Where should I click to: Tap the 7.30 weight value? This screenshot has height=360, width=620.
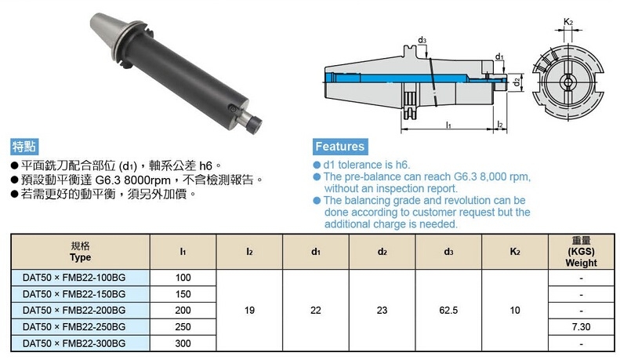pyautogui.click(x=581, y=327)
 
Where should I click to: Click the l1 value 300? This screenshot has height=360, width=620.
pyautogui.click(x=183, y=344)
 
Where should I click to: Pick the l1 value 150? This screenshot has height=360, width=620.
pyautogui.click(x=183, y=294)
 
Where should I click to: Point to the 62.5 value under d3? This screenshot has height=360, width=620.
pyautogui.click(x=448, y=311)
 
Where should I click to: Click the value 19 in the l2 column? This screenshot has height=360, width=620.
pyautogui.click(x=249, y=311)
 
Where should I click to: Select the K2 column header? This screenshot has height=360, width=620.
pyautogui.click(x=515, y=252)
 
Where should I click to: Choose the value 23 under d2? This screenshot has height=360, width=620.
pyautogui.click(x=382, y=311)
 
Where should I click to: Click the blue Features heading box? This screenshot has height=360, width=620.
pyautogui.click(x=340, y=147)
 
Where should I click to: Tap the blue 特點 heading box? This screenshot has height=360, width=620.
pyautogui.click(x=24, y=147)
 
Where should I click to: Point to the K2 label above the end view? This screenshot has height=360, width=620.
pyautogui.click(x=568, y=22)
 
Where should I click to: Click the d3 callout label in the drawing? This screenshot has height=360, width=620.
pyautogui.click(x=422, y=40)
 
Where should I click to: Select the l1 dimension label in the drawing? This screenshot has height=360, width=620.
pyautogui.click(x=448, y=125)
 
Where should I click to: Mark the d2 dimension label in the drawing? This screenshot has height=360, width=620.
pyautogui.click(x=517, y=82)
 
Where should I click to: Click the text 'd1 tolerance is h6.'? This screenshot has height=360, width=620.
pyautogui.click(x=367, y=165)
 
